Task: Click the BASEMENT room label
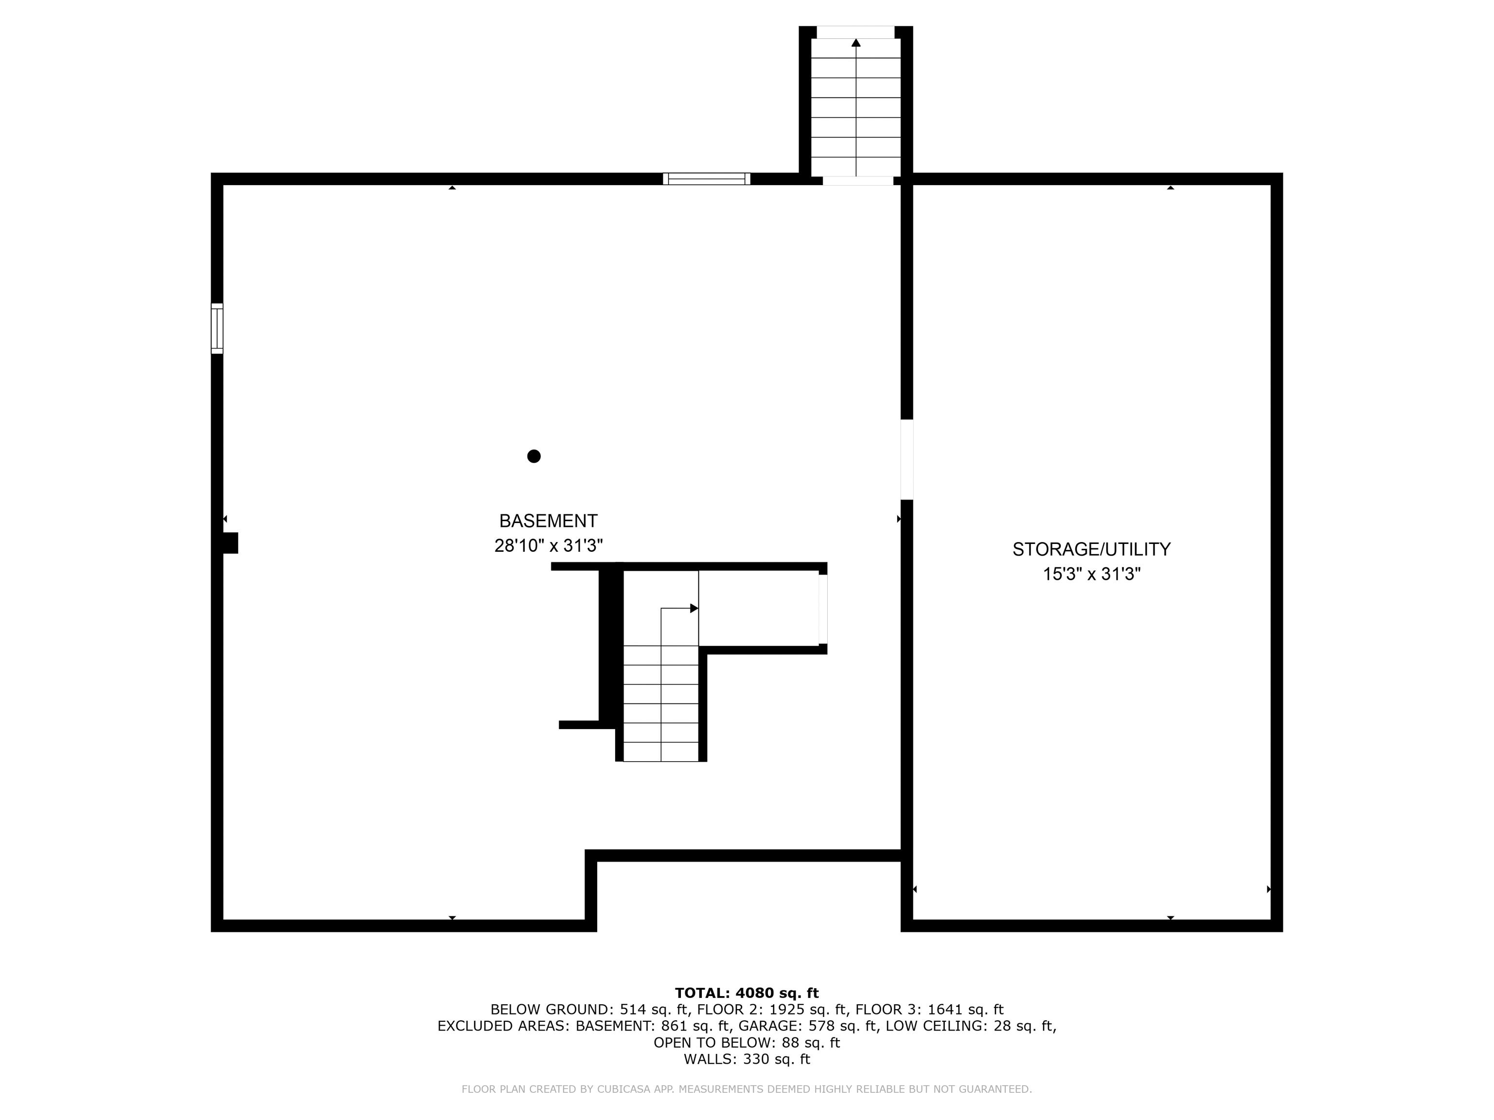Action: point(548,521)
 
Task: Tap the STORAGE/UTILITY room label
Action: point(1091,549)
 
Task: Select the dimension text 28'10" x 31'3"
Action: point(548,545)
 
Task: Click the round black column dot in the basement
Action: point(534,456)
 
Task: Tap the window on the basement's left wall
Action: point(217,329)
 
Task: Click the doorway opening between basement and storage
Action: point(907,459)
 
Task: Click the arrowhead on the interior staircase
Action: point(694,608)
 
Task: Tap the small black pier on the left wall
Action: point(231,543)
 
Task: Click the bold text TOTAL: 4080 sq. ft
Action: point(747,993)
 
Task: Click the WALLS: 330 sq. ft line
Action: point(747,1059)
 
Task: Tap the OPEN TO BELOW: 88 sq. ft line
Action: point(747,1042)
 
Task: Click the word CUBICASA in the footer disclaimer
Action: point(622,1089)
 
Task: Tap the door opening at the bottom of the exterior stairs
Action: point(857,180)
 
